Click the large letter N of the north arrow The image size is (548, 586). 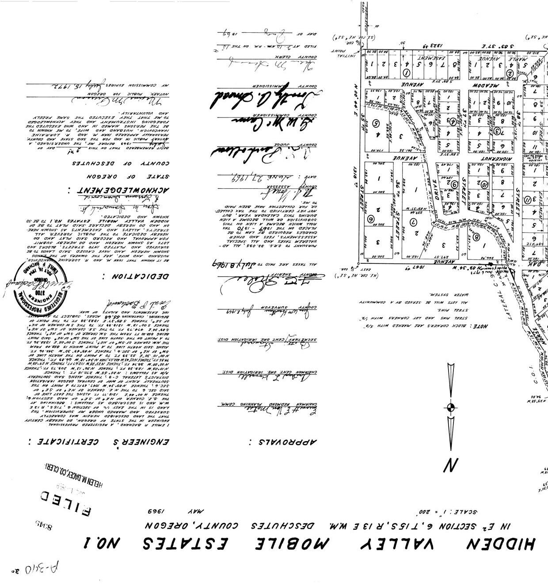(x=450, y=465)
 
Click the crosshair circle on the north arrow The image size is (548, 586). (x=450, y=407)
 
